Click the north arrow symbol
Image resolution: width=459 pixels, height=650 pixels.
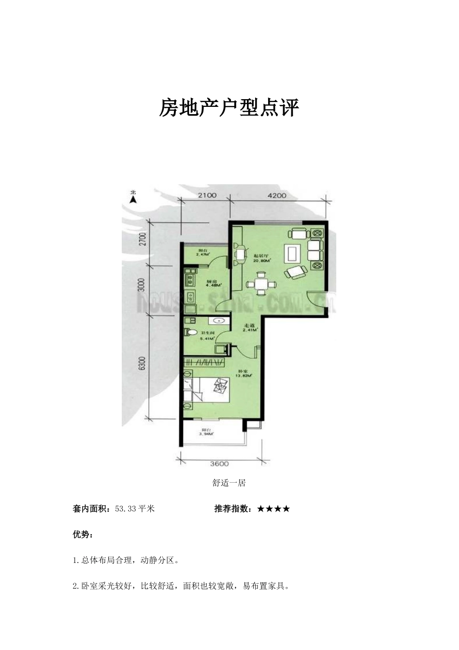point(133,196)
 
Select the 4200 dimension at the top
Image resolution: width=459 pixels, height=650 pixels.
point(277,195)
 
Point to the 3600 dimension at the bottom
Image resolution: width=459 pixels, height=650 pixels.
point(219,464)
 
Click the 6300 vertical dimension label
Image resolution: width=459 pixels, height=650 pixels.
point(142,363)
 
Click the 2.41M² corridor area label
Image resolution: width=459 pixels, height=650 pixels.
point(250,331)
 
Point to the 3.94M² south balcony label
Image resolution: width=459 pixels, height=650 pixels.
point(206,434)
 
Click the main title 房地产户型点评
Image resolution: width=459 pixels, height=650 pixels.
point(229,108)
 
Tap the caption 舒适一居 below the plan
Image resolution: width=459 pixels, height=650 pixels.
point(229,483)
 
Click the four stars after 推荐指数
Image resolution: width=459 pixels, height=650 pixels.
point(273,509)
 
